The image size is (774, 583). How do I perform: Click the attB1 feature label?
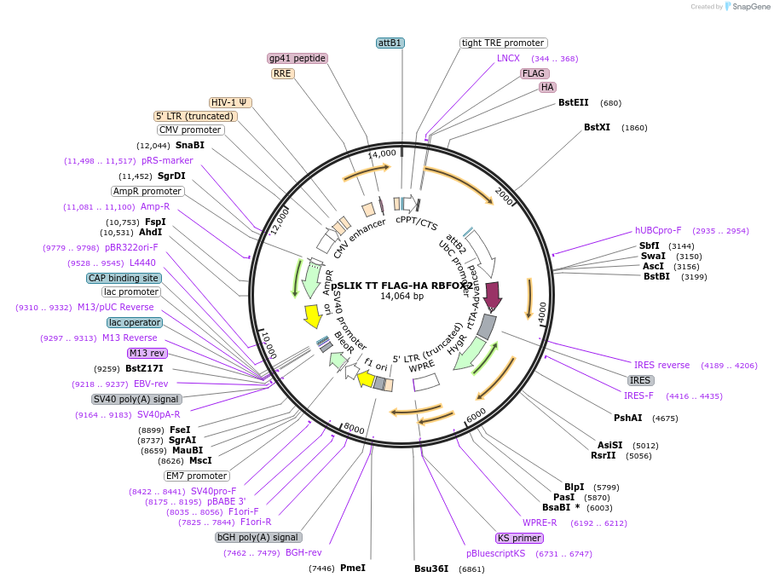pos(390,43)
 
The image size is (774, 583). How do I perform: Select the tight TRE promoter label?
pos(503,43)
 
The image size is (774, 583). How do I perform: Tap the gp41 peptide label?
pos(297,58)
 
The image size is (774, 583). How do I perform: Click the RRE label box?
pos(282,73)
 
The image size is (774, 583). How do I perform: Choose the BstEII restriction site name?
pos(574,103)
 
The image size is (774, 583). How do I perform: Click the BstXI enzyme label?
pos(597,128)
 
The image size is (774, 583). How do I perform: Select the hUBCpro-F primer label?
pos(658,230)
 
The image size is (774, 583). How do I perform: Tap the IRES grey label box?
pos(641,380)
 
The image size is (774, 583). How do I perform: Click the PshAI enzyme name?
pos(628,418)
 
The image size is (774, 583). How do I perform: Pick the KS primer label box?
pos(519,538)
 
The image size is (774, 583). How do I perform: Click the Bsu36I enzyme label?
pos(431,568)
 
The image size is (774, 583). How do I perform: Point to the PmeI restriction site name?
pos(352,568)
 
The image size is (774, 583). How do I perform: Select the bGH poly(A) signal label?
pos(258,537)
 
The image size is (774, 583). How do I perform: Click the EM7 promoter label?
pos(197,476)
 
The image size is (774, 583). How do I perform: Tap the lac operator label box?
pos(134,322)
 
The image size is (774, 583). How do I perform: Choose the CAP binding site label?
pos(124,278)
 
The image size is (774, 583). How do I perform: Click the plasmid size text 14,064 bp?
pos(401,297)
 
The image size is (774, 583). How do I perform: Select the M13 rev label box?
pos(147,353)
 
